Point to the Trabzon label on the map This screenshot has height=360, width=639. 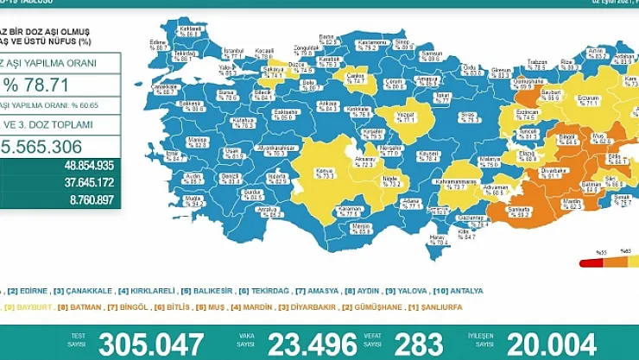537,64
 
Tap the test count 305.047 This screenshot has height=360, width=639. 151,343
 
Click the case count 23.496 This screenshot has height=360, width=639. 307,343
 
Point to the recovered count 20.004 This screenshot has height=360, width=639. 551,343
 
